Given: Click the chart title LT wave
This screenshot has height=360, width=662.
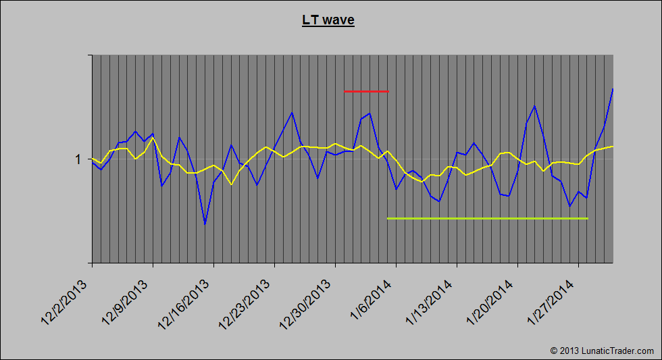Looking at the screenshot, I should (x=328, y=20).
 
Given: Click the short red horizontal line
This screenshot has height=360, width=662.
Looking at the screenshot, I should (x=366, y=91).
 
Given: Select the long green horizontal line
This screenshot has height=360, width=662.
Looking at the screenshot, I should (x=487, y=218).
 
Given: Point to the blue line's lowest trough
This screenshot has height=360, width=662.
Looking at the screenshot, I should (x=205, y=224).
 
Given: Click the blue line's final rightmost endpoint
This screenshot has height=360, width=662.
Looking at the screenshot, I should (x=613, y=88).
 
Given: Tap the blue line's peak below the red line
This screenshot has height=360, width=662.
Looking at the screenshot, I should (x=370, y=113).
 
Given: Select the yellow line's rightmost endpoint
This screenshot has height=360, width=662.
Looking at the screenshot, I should (x=613, y=146).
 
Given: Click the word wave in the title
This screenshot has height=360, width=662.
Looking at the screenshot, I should (x=338, y=20).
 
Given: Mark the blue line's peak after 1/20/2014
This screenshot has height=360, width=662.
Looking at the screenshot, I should (x=535, y=106).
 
